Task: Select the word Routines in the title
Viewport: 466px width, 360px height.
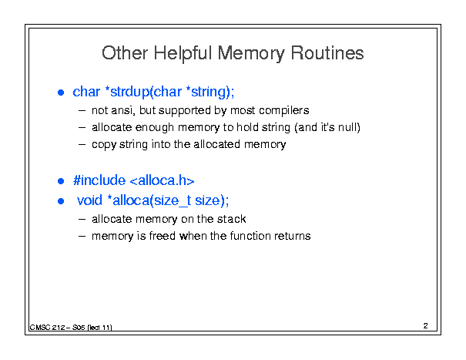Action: [327, 53]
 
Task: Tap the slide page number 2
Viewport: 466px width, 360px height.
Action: [426, 326]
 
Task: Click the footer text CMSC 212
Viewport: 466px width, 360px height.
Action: [47, 328]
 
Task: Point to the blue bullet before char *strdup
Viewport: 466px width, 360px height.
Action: [61, 93]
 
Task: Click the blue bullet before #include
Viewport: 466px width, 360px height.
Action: [61, 181]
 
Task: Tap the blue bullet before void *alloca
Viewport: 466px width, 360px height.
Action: [61, 201]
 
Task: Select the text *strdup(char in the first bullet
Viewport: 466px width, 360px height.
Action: [143, 92]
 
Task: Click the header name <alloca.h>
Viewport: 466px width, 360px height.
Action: [163, 180]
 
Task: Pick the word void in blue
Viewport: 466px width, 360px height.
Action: [89, 200]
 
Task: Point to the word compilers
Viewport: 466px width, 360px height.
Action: [283, 111]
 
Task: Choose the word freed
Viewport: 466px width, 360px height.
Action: [163, 236]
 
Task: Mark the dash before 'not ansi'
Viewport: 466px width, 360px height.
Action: [82, 111]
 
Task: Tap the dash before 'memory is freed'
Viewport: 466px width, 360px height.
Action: [82, 237]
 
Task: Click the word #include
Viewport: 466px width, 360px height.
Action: [99, 180]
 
